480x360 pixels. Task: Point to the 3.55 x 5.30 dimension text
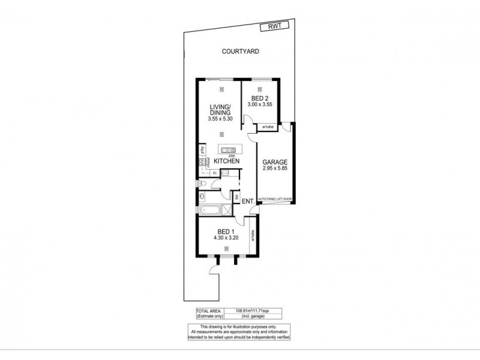click(x=221, y=119)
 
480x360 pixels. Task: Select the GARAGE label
click(x=275, y=162)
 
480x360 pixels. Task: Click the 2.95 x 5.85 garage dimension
click(x=275, y=169)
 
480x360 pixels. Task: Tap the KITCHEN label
click(x=227, y=161)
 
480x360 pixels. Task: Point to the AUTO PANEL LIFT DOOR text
click(x=274, y=198)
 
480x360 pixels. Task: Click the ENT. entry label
click(x=248, y=202)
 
